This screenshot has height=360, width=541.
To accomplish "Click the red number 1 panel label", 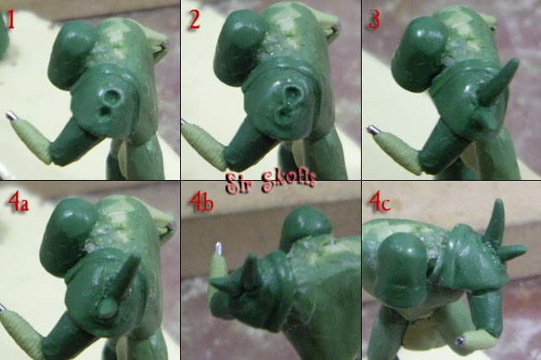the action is [11, 20].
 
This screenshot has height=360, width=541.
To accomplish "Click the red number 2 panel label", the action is [194, 19].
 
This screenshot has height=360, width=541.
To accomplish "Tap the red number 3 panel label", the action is [374, 19].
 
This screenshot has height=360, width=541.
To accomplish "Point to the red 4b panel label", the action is [201, 202].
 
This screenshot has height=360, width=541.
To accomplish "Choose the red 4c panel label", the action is [380, 202].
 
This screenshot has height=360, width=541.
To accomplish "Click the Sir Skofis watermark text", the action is [270, 182].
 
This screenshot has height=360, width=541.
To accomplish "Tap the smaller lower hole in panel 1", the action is [102, 112].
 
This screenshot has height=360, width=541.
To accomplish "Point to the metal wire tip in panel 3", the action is [373, 130].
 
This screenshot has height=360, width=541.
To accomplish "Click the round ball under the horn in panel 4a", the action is [107, 308].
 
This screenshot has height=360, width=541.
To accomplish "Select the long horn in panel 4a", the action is [128, 275].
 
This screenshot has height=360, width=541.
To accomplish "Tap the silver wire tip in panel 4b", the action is [219, 248].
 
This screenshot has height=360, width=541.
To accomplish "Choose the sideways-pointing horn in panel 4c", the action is [511, 252].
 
